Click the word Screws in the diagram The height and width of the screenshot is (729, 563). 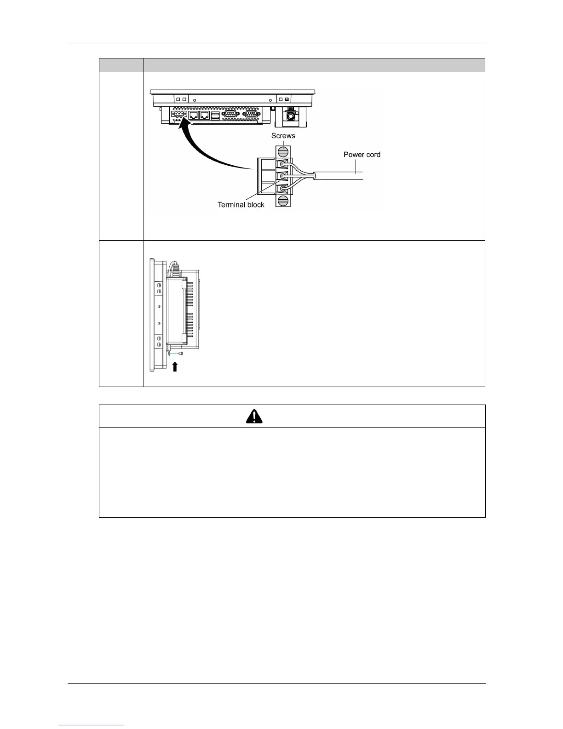click(283, 136)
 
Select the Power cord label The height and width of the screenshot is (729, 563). click(362, 155)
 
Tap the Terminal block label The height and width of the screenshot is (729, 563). click(241, 205)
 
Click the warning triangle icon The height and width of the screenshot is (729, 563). click(254, 416)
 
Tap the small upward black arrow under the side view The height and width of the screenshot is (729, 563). click(175, 366)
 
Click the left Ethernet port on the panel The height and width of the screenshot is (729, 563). click(194, 115)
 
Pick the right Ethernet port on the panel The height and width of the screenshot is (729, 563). click(205, 115)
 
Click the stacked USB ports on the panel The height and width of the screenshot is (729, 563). click(216, 115)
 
